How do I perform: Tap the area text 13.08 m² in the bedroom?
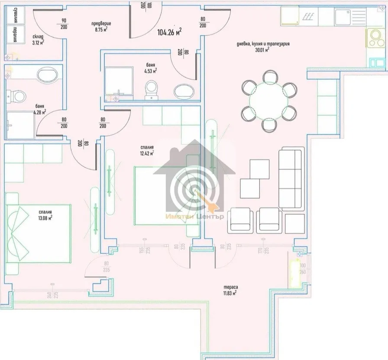tap(45, 217)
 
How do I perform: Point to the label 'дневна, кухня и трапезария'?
tap(263, 44)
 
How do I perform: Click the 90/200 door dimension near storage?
tap(64, 23)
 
